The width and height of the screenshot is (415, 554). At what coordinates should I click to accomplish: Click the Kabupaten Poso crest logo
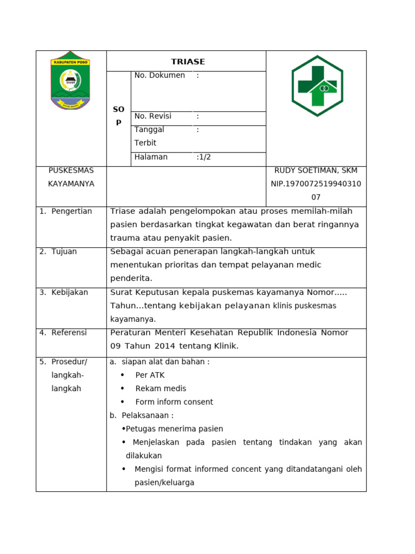[70, 81]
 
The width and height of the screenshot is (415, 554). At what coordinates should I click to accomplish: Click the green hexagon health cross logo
[317, 86]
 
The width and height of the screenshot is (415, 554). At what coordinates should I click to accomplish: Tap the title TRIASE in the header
[188, 62]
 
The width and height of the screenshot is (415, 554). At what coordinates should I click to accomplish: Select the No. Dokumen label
[159, 75]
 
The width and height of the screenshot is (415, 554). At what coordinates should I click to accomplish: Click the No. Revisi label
[153, 116]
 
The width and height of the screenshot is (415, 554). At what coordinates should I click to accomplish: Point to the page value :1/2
[204, 157]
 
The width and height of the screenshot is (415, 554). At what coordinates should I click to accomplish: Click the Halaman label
[151, 157]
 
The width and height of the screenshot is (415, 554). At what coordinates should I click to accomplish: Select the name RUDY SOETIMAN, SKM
[316, 170]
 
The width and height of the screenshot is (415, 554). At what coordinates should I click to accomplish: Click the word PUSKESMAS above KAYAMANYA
[71, 170]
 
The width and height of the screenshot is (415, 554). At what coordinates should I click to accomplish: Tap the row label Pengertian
[71, 211]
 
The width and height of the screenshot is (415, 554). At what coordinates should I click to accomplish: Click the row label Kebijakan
[70, 292]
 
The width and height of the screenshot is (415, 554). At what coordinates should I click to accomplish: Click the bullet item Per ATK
[150, 375]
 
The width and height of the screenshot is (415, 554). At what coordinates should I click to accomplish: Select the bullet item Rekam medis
[160, 388]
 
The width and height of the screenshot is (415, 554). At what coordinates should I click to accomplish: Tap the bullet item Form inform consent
[174, 402]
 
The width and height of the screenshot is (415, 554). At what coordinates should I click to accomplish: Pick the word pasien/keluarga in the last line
[164, 483]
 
